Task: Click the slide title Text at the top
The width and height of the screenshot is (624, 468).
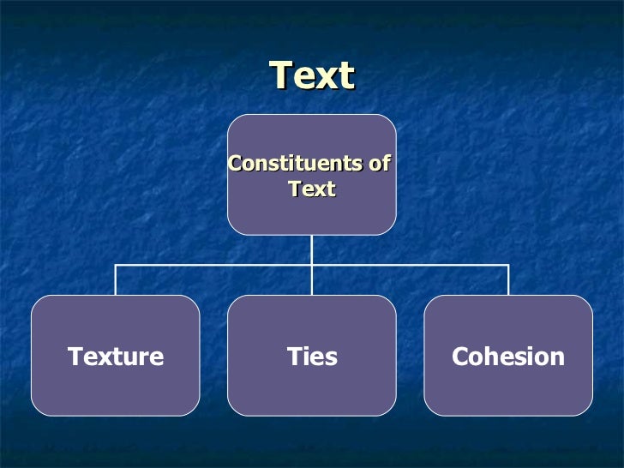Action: click(312, 75)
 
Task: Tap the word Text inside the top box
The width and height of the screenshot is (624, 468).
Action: click(312, 189)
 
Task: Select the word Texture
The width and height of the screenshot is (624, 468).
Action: click(116, 357)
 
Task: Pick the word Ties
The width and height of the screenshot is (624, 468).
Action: click(312, 357)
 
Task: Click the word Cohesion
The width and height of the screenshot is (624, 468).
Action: click(508, 357)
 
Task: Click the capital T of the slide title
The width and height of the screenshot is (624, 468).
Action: click(281, 75)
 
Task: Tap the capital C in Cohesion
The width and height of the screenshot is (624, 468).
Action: click(460, 357)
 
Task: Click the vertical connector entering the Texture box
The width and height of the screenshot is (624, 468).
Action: click(116, 281)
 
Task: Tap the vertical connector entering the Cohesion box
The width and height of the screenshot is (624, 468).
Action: click(508, 281)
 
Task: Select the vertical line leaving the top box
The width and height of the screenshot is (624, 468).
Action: click(312, 249)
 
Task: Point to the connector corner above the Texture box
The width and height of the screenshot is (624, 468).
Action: click(116, 266)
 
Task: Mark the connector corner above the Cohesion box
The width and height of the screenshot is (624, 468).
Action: click(508, 266)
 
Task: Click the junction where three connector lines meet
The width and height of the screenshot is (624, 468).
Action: click(312, 266)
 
